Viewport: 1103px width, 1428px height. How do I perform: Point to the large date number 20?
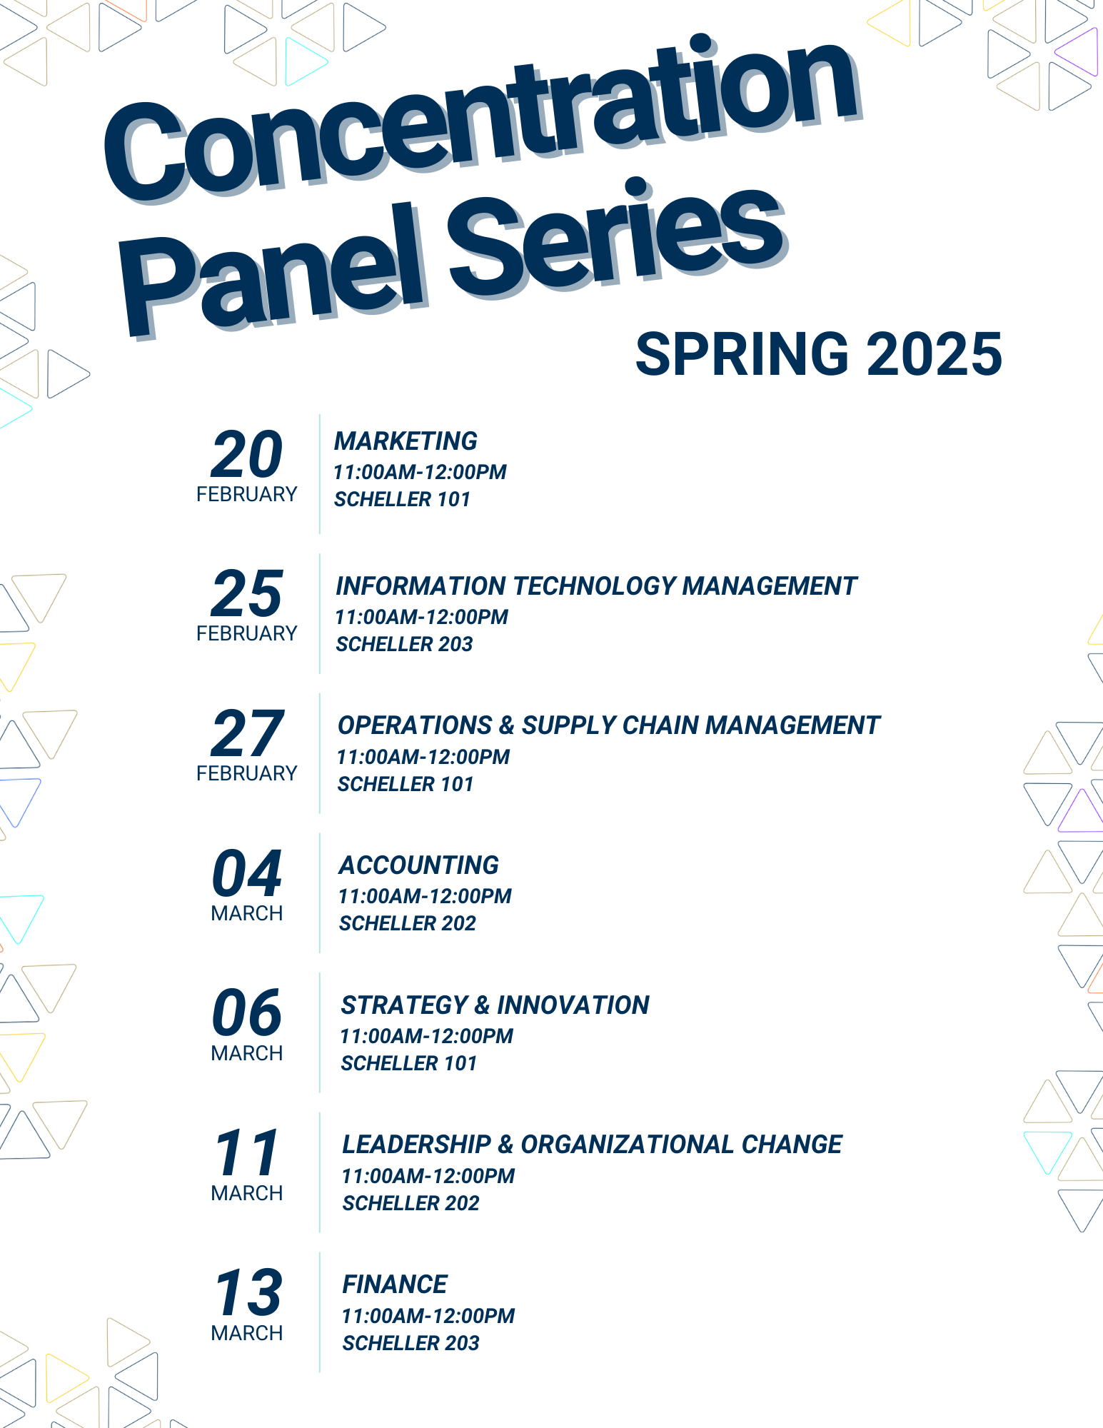[247, 455]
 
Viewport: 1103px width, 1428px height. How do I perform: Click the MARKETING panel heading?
[406, 441]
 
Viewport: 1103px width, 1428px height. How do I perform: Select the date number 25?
[247, 594]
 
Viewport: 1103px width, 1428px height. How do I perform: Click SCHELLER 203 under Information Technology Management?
[404, 644]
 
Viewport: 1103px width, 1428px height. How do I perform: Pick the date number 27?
[248, 734]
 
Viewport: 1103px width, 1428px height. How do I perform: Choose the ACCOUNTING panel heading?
[418, 865]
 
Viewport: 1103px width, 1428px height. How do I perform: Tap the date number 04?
[247, 874]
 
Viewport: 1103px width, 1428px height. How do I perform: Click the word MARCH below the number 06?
[247, 1053]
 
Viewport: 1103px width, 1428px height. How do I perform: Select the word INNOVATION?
[573, 1005]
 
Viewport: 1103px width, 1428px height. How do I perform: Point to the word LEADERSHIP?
[417, 1145]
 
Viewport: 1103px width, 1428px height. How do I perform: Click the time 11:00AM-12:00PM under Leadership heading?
[428, 1176]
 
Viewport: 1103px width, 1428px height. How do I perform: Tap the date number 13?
[248, 1293]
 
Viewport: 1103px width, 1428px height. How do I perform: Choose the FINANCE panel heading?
[395, 1284]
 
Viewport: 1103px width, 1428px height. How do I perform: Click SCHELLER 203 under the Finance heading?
[411, 1343]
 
